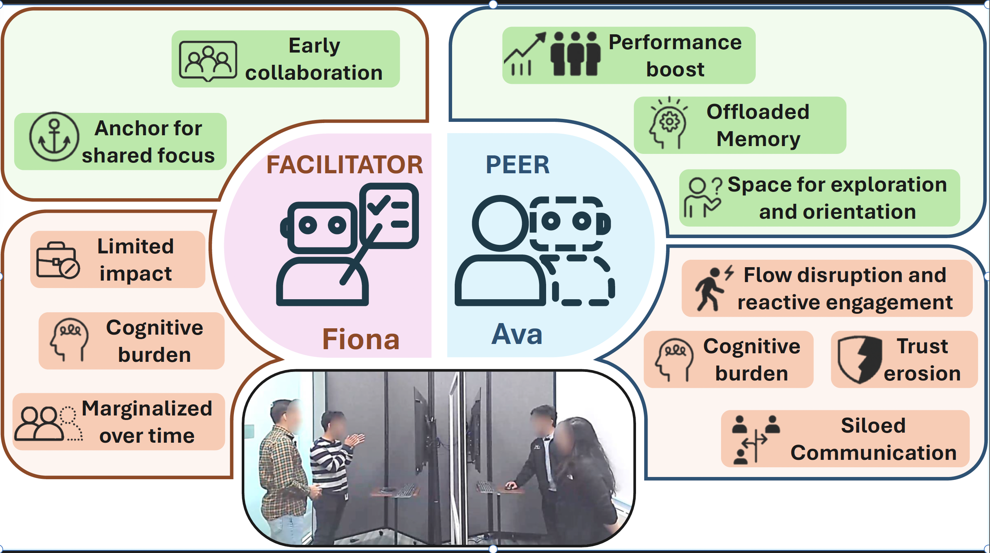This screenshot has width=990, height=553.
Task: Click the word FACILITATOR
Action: pyautogui.click(x=344, y=165)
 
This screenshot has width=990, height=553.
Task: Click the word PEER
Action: pyautogui.click(x=517, y=165)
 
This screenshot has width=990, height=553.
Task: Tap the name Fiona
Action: pyautogui.click(x=360, y=339)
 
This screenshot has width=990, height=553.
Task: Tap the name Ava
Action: pyautogui.click(x=517, y=334)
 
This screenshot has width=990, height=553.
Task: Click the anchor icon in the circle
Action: pyautogui.click(x=54, y=137)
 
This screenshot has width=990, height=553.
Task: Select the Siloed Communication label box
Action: pyautogui.click(x=845, y=439)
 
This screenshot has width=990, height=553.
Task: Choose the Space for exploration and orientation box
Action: pyautogui.click(x=820, y=198)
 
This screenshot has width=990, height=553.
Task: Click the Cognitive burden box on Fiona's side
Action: pyautogui.click(x=131, y=341)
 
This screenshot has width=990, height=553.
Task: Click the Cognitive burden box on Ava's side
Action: pyautogui.click(x=728, y=360)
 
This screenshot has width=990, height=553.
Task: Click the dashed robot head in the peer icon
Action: pyautogui.click(x=567, y=223)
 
